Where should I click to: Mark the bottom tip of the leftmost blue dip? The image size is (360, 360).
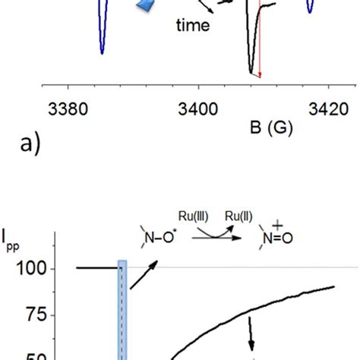(x=102, y=52)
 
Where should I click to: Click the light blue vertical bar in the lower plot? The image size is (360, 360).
(x=122, y=311)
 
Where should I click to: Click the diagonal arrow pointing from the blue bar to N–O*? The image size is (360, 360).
(x=144, y=276)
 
